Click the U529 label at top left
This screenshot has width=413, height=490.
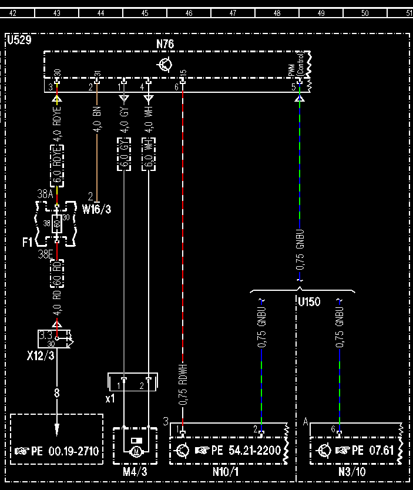pyautogui.click(x=19, y=41)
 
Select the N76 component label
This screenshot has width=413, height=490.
pyautogui.click(x=165, y=45)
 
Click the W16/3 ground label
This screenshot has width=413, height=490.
pyautogui.click(x=96, y=209)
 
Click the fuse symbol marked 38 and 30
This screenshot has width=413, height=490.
pyautogui.click(x=56, y=223)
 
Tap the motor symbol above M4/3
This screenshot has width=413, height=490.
pyautogui.click(x=136, y=451)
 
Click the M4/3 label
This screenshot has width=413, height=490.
pyautogui.click(x=135, y=472)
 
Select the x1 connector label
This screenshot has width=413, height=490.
pyautogui.click(x=110, y=398)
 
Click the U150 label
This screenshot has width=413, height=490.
pyautogui.click(x=309, y=303)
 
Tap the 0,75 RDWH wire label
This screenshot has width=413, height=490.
pyautogui.click(x=184, y=385)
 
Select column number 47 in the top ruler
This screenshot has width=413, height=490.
pyautogui.click(x=233, y=12)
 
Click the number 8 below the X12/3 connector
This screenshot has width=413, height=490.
pyautogui.click(x=57, y=393)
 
